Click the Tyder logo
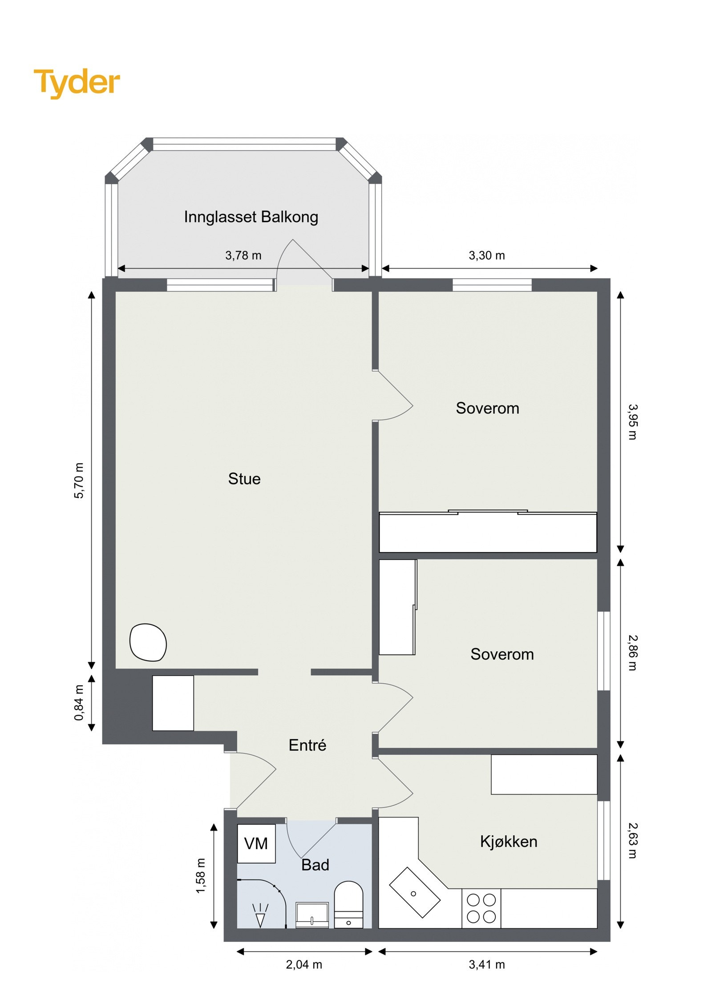77,83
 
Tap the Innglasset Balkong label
251,217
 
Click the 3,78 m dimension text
243,256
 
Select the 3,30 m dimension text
486,256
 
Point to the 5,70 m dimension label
79,481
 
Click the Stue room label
244,479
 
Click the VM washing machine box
256,843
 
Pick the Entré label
307,745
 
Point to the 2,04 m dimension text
303,965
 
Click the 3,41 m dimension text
486,965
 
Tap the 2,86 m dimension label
632,653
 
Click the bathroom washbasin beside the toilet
312,914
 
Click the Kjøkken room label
508,842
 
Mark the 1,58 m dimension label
201,875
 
